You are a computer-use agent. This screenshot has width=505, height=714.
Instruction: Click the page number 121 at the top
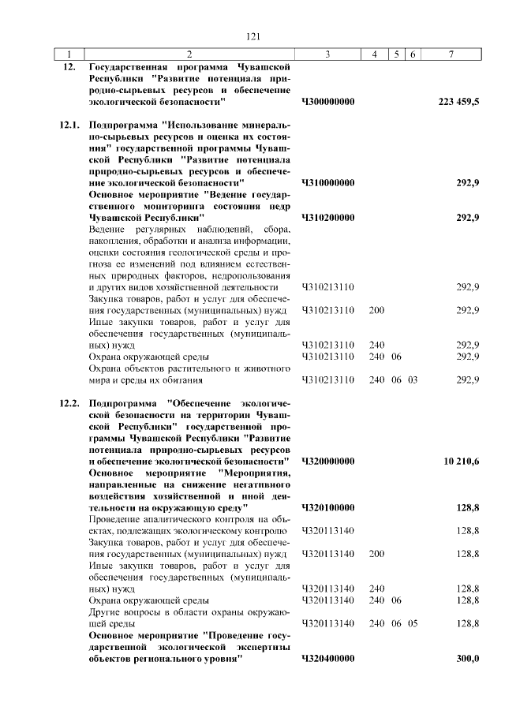[252, 36]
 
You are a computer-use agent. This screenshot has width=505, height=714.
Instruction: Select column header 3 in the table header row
[327, 54]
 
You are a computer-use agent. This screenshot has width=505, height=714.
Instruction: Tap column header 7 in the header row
[451, 54]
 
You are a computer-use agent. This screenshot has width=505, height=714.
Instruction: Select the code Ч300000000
[328, 102]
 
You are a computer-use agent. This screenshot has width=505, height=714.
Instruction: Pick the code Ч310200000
[328, 217]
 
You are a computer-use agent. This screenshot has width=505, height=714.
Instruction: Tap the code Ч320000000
[328, 460]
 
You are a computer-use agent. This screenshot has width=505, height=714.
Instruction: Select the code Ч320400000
[328, 658]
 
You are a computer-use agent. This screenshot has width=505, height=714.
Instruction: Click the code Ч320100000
[328, 507]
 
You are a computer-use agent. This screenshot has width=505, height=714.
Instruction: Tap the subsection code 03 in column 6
[413, 379]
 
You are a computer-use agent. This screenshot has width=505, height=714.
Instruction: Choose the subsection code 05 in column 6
[413, 623]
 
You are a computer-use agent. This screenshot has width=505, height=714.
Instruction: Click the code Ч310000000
[328, 182]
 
